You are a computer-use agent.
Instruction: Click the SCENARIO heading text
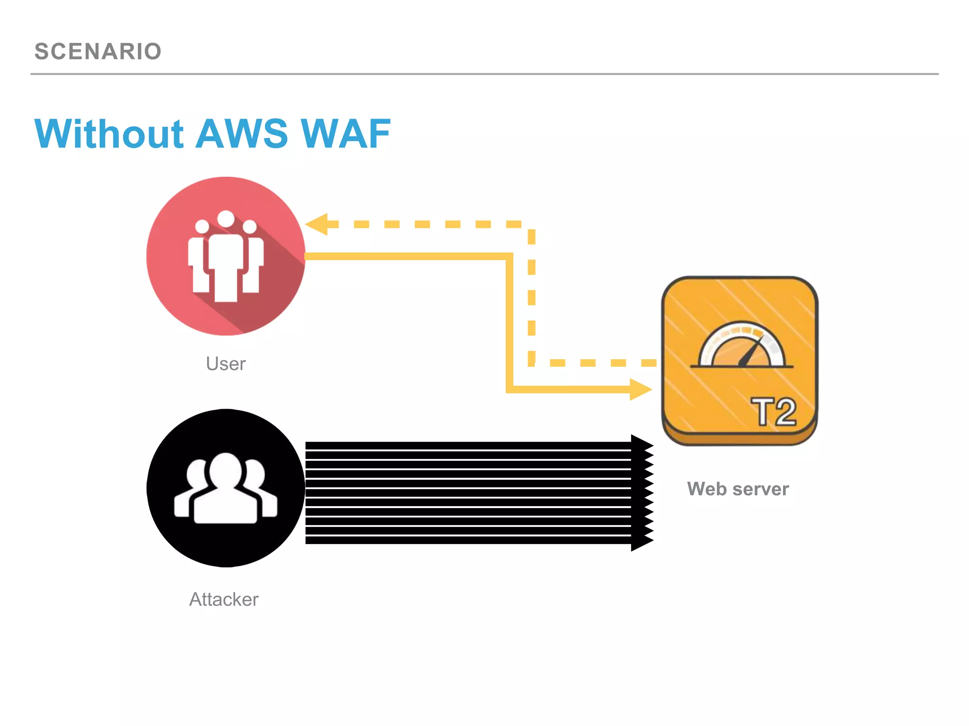[98, 51]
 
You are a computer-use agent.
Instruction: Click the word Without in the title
[109, 134]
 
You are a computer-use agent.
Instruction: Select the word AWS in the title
[242, 134]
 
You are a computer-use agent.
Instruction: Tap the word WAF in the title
[345, 134]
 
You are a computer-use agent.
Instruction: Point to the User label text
[226, 364]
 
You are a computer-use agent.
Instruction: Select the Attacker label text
[224, 599]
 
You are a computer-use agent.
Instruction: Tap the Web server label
[738, 489]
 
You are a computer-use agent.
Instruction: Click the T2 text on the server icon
[774, 412]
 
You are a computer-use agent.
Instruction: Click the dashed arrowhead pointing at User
[317, 224]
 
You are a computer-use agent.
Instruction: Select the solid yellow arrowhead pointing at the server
[641, 389]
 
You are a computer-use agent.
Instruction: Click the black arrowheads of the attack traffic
[642, 493]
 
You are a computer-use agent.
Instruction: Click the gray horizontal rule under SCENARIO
[484, 74]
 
